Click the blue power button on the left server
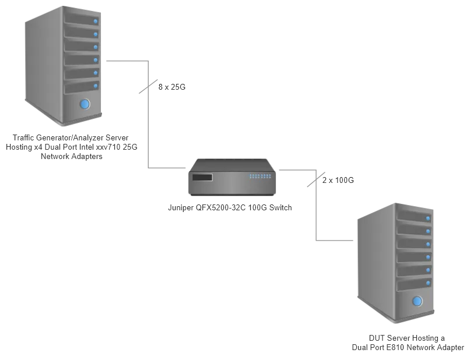pos(85,104)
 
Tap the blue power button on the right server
pos(417,301)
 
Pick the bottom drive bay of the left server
pos(82,86)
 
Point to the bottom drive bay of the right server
pos(415,284)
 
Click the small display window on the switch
pos(203,178)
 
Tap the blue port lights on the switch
pos(260,176)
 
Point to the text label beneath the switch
pos(231,207)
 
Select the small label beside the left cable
pos(173,89)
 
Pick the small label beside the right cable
pos(338,182)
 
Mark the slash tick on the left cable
pos(146,87)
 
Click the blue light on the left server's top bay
pos(96,22)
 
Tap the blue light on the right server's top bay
pos(429,218)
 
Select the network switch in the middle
pos(233,178)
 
